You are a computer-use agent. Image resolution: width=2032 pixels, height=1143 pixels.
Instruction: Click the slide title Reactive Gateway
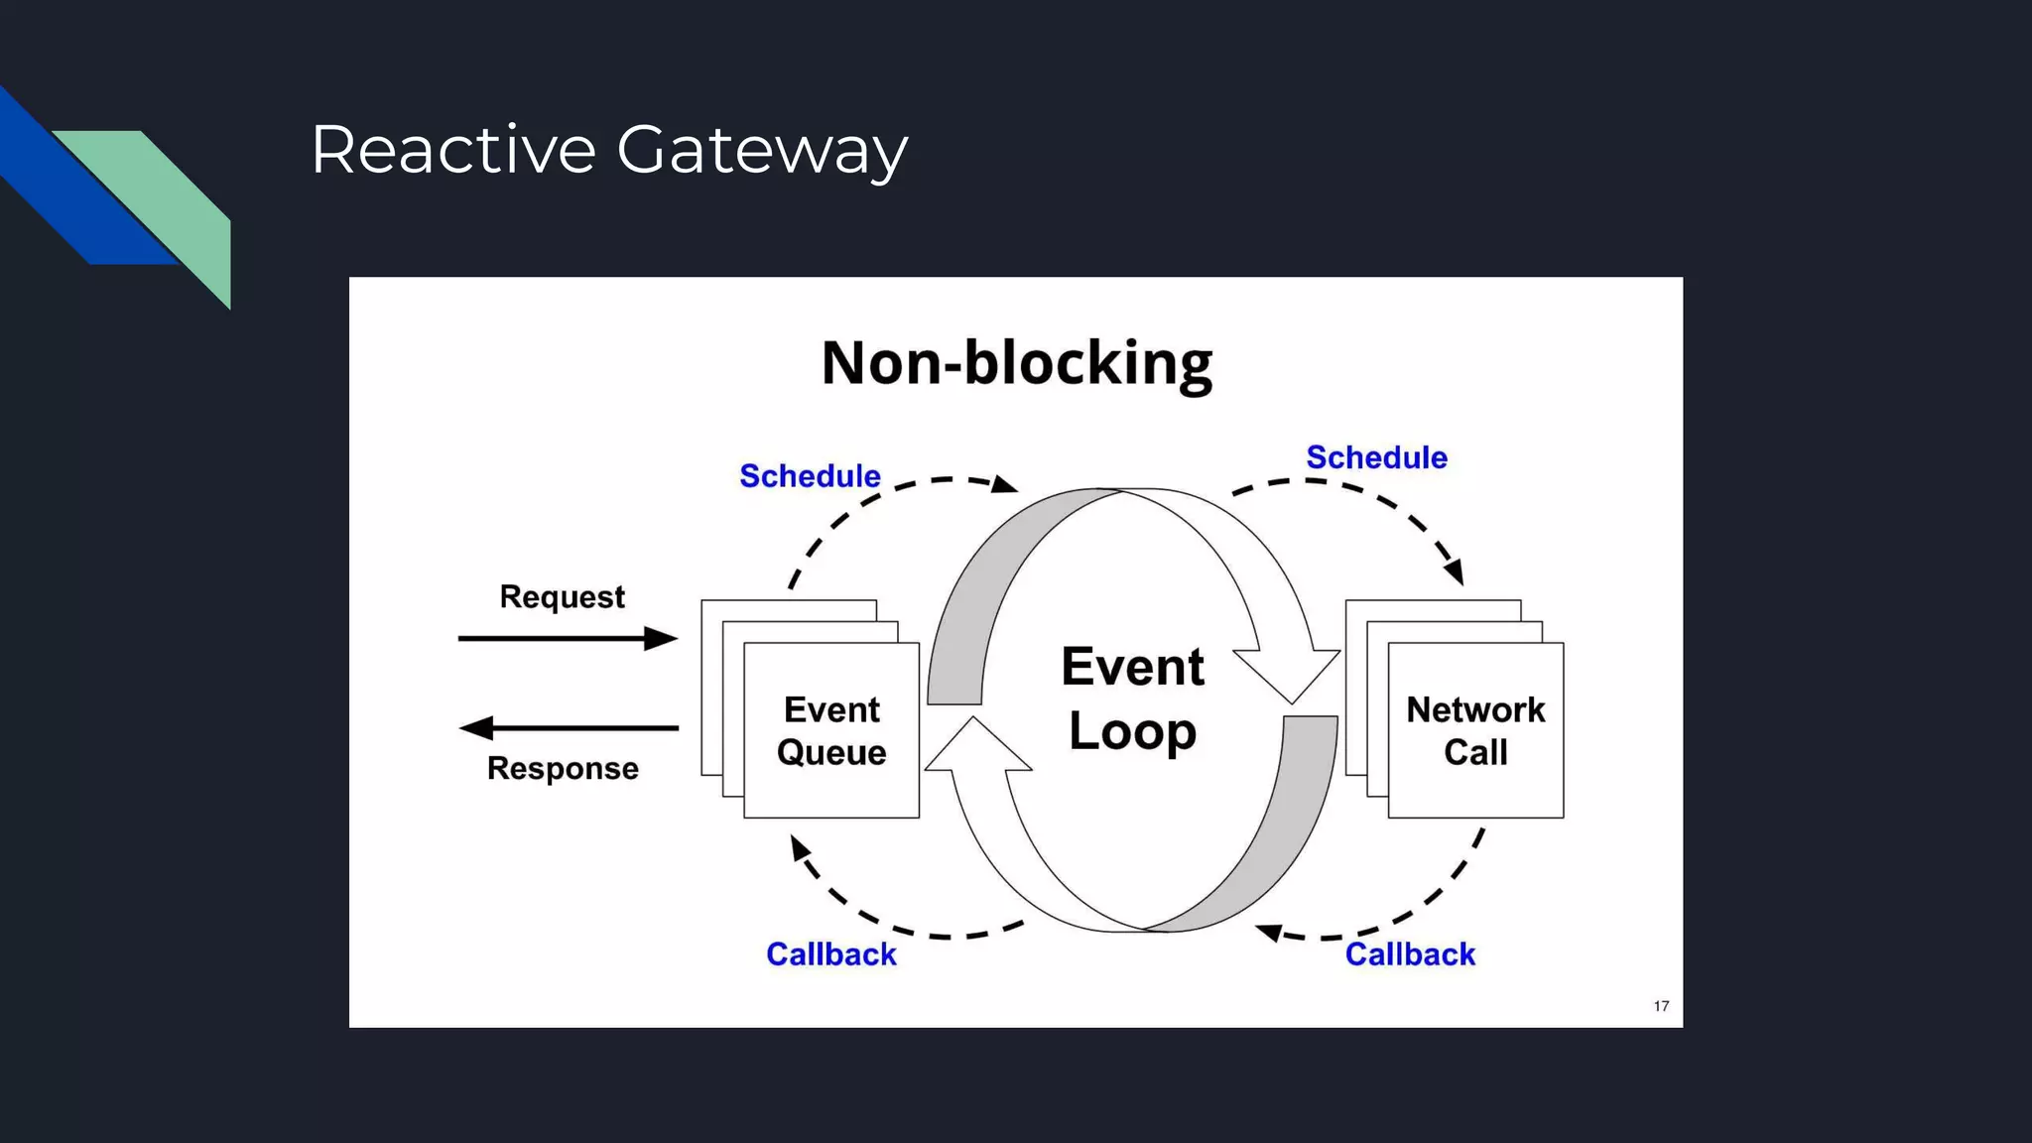point(608,150)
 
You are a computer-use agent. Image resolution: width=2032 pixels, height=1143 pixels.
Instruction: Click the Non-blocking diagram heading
point(1016,363)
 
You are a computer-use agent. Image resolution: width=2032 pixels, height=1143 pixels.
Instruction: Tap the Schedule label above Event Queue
point(810,476)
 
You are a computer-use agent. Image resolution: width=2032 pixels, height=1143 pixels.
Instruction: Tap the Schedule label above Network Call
point(1376,457)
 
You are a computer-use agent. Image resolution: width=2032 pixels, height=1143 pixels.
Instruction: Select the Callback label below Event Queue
point(830,954)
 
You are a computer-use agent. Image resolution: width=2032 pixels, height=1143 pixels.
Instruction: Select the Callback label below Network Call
point(1409,954)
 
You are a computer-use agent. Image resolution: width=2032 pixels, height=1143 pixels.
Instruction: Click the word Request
point(562,597)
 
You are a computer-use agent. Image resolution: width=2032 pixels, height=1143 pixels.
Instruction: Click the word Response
point(563,769)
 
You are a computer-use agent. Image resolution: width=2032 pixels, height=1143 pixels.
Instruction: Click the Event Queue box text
point(831,731)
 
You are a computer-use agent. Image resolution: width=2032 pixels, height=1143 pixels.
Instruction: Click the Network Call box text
point(1475,731)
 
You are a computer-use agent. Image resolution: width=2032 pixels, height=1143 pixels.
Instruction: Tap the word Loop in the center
point(1132,732)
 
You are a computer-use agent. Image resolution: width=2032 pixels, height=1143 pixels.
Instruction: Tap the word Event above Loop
point(1132,667)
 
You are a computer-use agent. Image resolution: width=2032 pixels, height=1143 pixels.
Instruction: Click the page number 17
point(1661,1006)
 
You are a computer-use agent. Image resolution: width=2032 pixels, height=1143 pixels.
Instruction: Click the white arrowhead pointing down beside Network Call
point(1288,675)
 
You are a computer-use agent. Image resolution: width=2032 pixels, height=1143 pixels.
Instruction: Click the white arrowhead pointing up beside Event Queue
point(977,746)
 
